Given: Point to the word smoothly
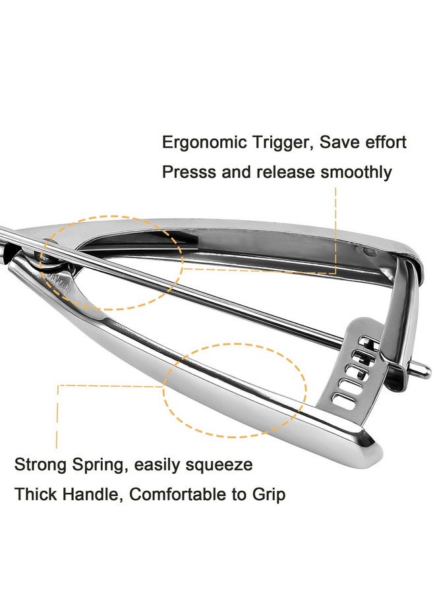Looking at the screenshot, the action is coord(356,173).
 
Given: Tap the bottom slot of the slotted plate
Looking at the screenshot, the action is coord(344,400).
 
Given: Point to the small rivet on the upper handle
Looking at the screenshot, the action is coord(368,251).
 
